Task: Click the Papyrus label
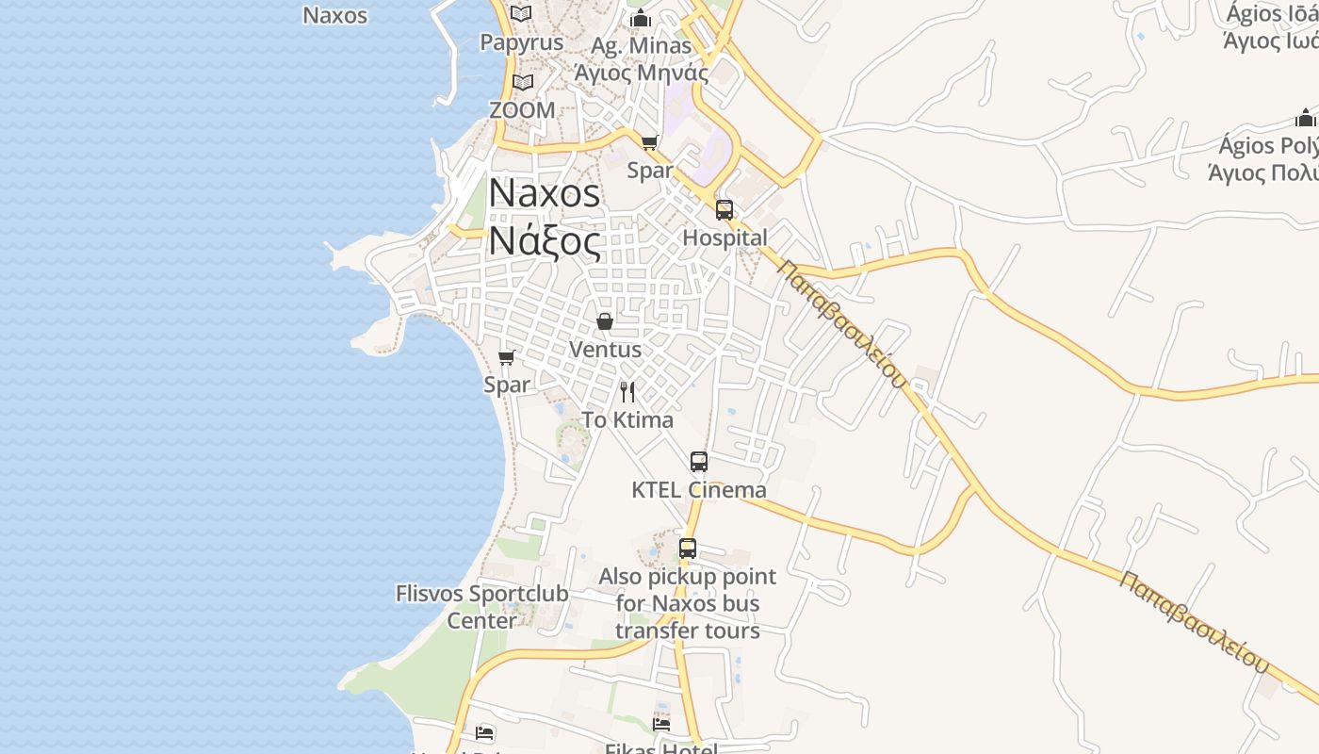pos(521,42)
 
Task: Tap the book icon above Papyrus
pos(521,14)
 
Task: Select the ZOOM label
pos(522,110)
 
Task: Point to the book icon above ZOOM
pos(523,83)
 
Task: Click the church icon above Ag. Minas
pos(641,18)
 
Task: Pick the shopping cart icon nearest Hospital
pos(649,142)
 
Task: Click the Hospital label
pos(725,238)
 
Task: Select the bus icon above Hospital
pos(724,209)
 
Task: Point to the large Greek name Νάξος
pos(544,241)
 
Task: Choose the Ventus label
pos(605,349)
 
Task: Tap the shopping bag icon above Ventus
pos(605,321)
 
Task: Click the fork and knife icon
pos(627,392)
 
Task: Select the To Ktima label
pos(627,419)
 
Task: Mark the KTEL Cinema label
pos(698,490)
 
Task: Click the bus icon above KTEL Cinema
pos(698,462)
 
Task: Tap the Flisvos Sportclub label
pos(481,594)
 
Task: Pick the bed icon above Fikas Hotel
pos(661,724)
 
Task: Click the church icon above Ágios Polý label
pos(1305,119)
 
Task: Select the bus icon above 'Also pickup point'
pos(688,549)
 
